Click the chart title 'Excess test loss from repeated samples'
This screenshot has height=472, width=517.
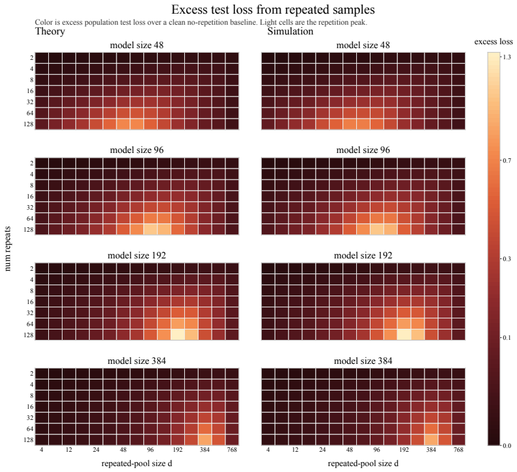coord(273,10)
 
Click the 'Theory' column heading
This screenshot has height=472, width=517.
coord(49,31)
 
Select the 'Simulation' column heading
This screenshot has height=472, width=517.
coord(290,31)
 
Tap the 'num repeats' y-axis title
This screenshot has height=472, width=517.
coord(8,249)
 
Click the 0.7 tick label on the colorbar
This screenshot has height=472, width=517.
coord(506,161)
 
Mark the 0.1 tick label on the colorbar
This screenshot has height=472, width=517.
coord(506,337)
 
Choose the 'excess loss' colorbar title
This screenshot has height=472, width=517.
coord(494,42)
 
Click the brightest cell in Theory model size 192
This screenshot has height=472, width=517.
coord(178,335)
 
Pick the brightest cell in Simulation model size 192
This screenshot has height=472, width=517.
coord(404,335)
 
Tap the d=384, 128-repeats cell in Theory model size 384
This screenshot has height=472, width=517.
coord(204,439)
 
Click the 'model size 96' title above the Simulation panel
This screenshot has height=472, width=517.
coord(363,150)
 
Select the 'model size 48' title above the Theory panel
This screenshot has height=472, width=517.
coord(137,45)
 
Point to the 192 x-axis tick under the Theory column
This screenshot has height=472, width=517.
coord(178,450)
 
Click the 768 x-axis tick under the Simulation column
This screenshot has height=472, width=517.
coord(458,450)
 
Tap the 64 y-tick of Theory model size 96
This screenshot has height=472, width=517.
coord(30,219)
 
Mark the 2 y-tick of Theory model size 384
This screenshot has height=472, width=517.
coord(32,374)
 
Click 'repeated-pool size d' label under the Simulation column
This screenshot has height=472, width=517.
coord(363,464)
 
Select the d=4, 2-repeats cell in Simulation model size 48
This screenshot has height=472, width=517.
coord(268,58)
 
